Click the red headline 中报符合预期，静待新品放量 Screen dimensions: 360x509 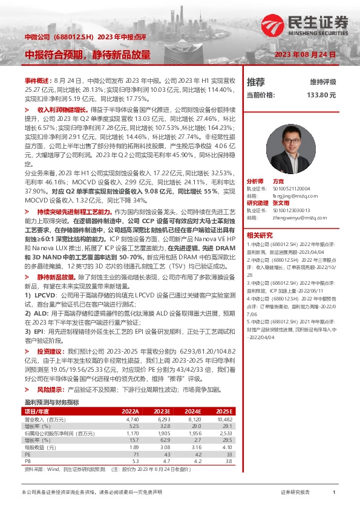tap(87, 55)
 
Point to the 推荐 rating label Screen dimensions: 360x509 tap(256, 82)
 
